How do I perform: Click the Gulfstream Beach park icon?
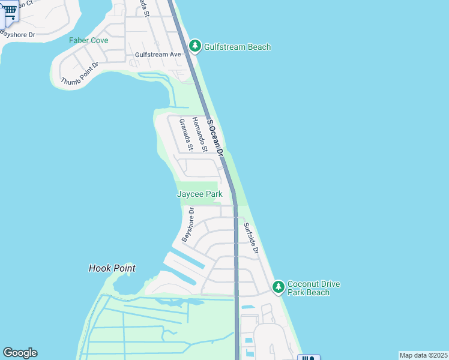(194, 46)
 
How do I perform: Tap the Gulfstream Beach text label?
(238, 47)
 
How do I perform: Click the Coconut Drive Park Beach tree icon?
(278, 287)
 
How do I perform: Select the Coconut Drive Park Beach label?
(309, 288)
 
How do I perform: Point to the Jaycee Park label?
(199, 194)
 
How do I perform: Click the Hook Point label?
(112, 268)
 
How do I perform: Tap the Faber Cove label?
(88, 40)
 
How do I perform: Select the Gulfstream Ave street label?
(158, 54)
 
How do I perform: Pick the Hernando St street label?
(199, 134)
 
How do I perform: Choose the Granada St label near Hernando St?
(185, 134)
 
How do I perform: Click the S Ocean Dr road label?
(215, 138)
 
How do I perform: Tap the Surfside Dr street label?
(250, 238)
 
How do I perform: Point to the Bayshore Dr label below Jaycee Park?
(187, 225)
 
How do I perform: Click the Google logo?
(20, 353)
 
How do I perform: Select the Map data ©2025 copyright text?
(423, 355)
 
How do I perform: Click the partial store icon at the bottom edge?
(308, 357)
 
